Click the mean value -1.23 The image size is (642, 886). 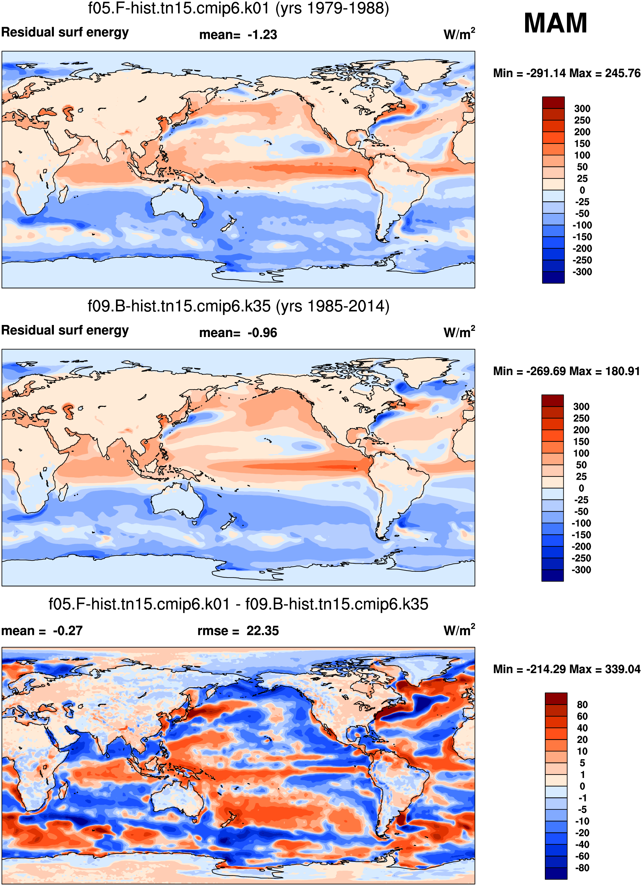262,35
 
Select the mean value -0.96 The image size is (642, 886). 262,333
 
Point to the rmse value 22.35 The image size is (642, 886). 263,631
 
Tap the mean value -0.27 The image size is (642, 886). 68,631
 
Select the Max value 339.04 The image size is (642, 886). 623,669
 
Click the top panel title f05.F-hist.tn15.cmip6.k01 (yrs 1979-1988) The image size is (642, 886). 238,9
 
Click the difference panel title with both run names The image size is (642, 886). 238,604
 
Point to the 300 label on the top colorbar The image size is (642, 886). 582,109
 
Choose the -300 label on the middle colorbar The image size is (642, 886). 581,570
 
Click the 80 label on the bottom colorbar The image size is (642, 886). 582,704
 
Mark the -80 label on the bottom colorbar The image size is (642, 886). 582,868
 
